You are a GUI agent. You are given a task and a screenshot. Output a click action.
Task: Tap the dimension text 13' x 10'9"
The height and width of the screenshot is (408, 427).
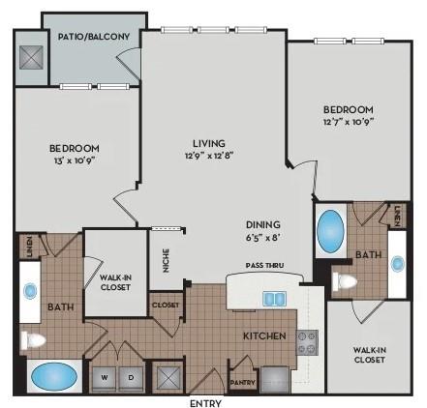[74, 160]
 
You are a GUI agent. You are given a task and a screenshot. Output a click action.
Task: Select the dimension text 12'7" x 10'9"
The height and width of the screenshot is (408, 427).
[347, 122]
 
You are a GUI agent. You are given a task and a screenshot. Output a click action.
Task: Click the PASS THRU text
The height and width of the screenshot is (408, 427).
[264, 264]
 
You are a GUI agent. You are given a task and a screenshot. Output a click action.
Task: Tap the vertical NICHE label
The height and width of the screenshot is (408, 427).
[166, 261]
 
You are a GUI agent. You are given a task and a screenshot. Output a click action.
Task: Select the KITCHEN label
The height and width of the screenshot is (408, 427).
[264, 336]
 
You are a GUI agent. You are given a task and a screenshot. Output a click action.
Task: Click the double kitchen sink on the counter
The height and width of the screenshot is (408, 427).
[275, 298]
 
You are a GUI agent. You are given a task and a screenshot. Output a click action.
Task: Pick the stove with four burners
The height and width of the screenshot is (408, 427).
[306, 339]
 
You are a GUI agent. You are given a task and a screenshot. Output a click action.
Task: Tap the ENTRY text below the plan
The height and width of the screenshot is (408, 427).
[206, 402]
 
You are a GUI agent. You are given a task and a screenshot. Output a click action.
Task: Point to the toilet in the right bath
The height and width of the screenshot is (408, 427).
[344, 282]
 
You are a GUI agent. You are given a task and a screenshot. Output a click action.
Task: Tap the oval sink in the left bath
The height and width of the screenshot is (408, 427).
[30, 290]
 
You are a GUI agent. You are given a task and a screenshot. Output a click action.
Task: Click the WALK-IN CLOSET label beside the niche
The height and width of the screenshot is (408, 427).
[115, 281]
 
